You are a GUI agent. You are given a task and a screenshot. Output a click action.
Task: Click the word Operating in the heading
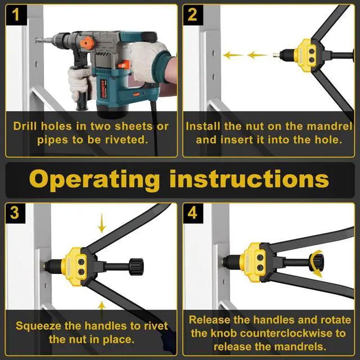[x=94, y=179]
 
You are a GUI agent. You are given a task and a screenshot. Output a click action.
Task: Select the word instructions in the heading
[x=249, y=179]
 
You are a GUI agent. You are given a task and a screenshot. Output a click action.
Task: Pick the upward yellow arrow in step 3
[x=102, y=307]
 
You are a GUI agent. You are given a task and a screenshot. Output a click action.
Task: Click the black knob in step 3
[x=135, y=264]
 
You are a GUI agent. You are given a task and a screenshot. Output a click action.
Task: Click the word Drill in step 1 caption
[x=26, y=126]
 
